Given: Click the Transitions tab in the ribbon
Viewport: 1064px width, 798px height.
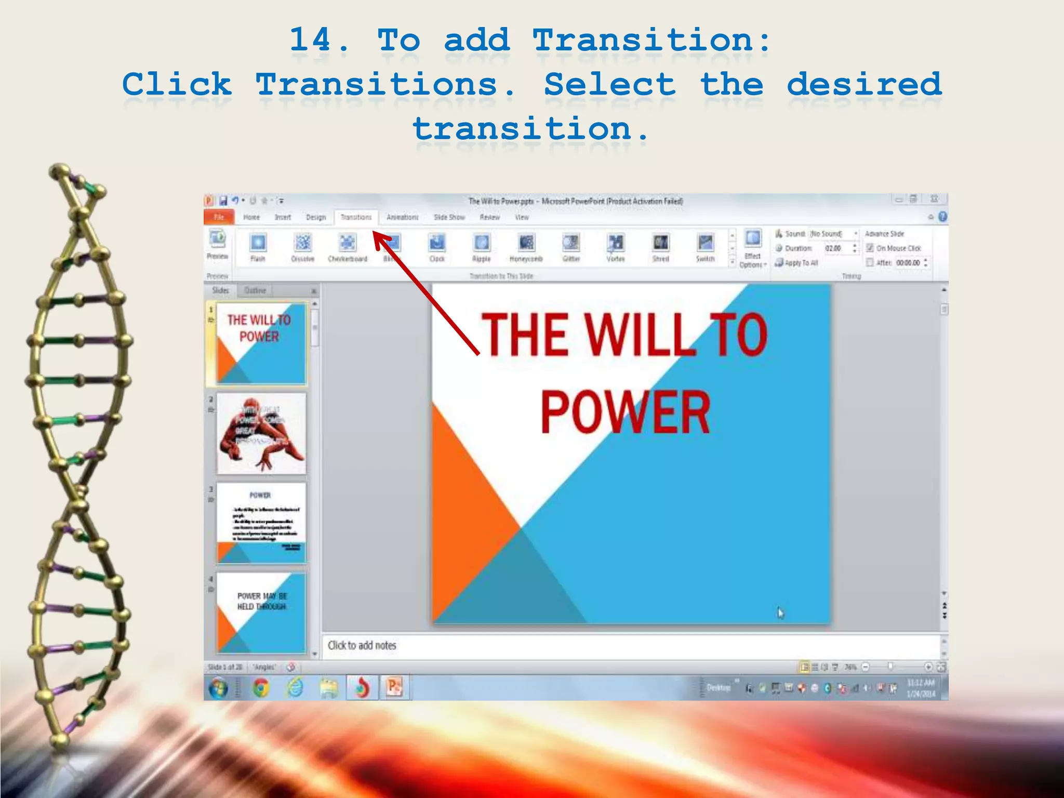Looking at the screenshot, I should coord(356,217).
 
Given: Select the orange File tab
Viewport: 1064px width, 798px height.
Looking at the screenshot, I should coord(219,217).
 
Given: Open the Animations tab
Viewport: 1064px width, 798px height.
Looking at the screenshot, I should coord(402,217).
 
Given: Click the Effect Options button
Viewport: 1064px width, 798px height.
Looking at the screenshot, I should coord(753,248).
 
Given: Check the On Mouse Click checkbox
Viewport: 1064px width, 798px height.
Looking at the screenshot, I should coord(870,248).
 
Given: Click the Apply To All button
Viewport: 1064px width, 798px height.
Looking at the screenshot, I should coord(797,263).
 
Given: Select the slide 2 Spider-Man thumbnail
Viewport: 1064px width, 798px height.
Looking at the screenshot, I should coord(261,433).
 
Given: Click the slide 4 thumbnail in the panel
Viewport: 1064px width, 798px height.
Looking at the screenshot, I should coord(261,613).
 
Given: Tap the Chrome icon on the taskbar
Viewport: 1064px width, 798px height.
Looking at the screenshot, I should coord(261,688).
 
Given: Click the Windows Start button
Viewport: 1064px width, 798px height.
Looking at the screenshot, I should coord(218,689).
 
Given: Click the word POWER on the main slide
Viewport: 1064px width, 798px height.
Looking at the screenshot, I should coord(625,412).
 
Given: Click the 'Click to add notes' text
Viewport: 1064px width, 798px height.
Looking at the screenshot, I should coord(362,645).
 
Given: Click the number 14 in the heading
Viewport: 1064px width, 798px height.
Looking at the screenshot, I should coord(311,40).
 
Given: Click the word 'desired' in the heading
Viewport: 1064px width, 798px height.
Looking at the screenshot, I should coord(864,84).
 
